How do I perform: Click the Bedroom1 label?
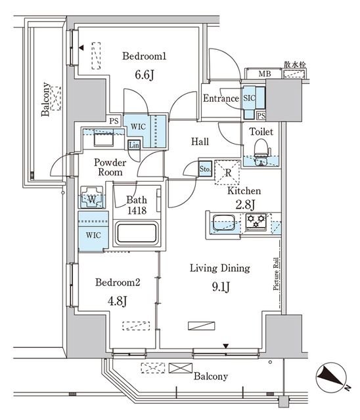pyautogui.click(x=144, y=56)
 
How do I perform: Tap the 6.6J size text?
pyautogui.click(x=144, y=75)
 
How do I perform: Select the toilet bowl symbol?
pyautogui.click(x=261, y=147)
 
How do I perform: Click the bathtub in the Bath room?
pyautogui.click(x=136, y=234)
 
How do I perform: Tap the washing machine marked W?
pyautogui.click(x=91, y=198)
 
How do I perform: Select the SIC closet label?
pyautogui.click(x=250, y=97)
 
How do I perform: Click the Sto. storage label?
pyautogui.click(x=205, y=169)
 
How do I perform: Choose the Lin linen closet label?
pyautogui.click(x=134, y=144)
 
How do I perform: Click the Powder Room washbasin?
pyautogui.click(x=102, y=140)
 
